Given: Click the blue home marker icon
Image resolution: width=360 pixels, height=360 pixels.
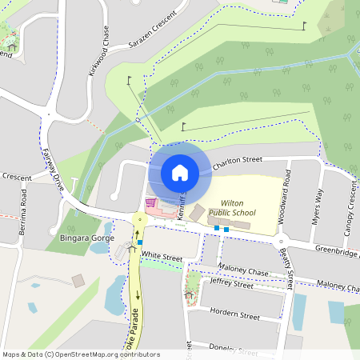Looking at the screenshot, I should (180, 172).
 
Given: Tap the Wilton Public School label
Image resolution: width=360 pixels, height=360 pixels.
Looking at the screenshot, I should (232, 208).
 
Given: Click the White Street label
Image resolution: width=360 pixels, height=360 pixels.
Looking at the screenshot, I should (162, 258).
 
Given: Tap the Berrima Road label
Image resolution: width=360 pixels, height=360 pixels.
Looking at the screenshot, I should (24, 206).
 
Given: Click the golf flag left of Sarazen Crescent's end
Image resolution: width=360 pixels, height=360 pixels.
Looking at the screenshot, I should (129, 80).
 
